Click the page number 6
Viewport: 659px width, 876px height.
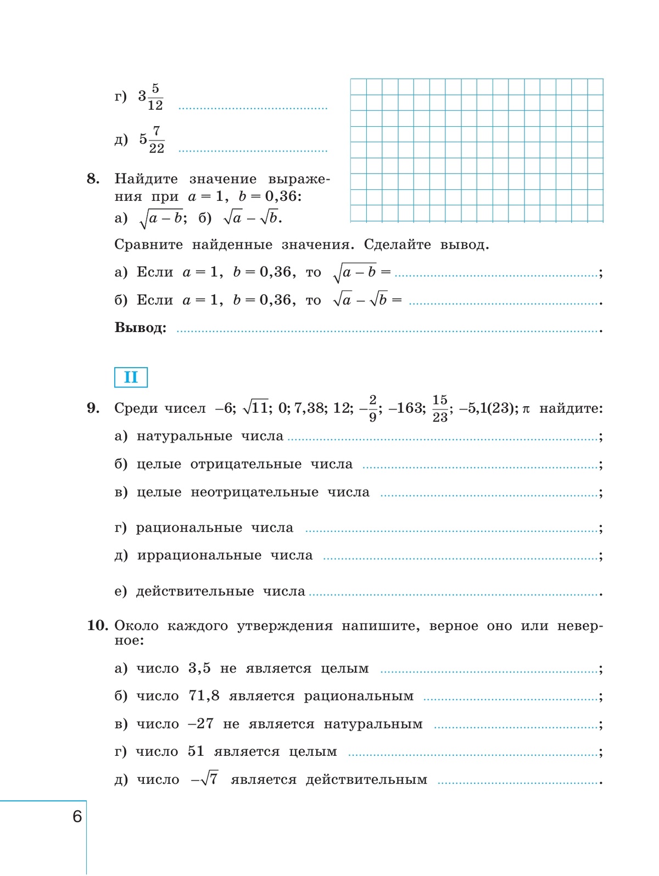tap(77, 816)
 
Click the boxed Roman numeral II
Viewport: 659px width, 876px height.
tap(131, 377)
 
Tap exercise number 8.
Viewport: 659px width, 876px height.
tap(93, 178)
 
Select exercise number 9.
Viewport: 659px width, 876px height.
tap(93, 408)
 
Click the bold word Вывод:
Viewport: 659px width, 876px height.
tap(140, 328)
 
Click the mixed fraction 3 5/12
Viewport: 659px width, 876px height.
tap(150, 97)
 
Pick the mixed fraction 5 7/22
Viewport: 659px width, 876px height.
tap(151, 139)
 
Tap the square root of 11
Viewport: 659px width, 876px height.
tap(256, 408)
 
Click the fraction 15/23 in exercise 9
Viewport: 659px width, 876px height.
tap(440, 408)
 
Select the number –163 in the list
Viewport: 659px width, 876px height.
tap(406, 408)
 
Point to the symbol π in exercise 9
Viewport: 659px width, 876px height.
tap(526, 409)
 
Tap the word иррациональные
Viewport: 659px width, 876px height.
tap(199, 555)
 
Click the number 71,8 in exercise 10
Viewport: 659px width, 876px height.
tap(204, 696)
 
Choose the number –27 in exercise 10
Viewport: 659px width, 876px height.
tap(200, 724)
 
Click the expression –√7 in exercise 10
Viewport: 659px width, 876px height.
tap(204, 779)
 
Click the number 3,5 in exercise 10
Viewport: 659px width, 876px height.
tap(199, 668)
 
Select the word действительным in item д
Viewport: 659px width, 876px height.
tap(366, 780)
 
